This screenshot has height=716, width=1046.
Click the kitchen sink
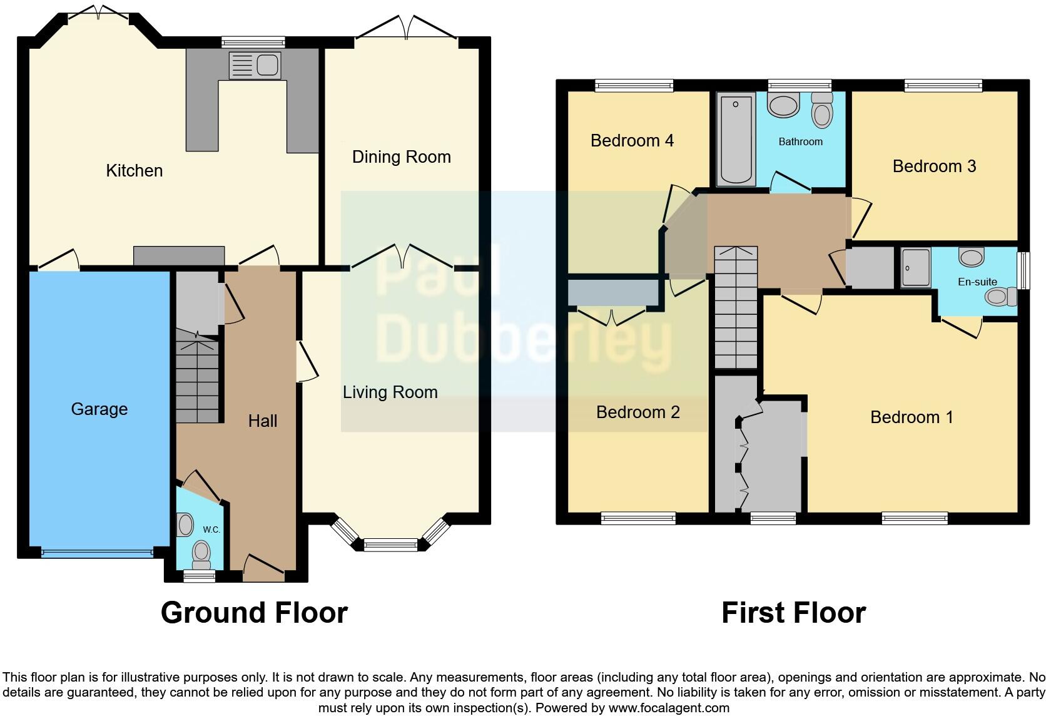[256, 65]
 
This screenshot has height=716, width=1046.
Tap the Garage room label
[99, 409]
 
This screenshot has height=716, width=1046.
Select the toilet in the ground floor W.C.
[201, 552]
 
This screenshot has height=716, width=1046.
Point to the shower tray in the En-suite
[916, 268]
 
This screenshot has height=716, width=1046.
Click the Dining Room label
[401, 157]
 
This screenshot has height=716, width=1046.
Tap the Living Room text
[390, 392]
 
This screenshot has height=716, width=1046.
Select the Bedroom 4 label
[632, 141]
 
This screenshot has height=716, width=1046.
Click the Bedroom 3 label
[934, 166]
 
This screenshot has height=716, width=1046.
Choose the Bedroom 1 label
[911, 417]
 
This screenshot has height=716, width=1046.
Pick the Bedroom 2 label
[637, 412]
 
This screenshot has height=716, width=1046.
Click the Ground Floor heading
[254, 613]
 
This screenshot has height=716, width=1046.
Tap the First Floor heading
[793, 613]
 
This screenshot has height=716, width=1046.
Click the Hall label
[262, 421]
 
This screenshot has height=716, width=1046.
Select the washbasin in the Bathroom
[783, 105]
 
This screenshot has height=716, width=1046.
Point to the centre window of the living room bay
[390, 545]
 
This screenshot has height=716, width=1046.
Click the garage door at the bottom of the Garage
[97, 553]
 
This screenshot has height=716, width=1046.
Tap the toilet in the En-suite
[999, 297]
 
